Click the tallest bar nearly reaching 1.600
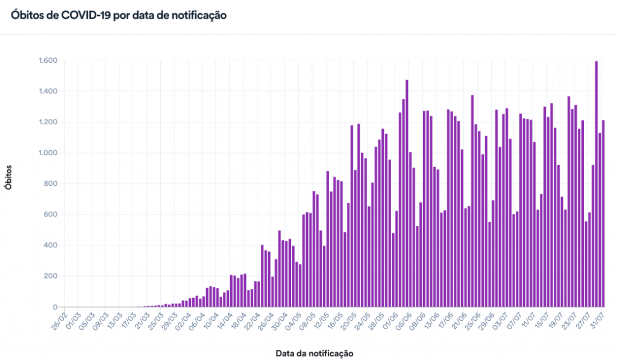(597, 184)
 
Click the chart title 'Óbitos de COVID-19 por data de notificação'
(119, 16)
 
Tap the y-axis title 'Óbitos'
(8, 177)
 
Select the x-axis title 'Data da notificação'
(314, 352)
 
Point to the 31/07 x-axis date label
(598, 318)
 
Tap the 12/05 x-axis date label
(321, 318)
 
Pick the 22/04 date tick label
(252, 318)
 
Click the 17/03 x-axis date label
(128, 318)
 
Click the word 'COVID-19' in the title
(87, 16)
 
